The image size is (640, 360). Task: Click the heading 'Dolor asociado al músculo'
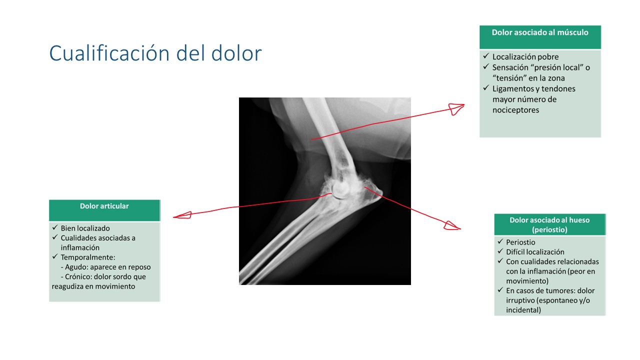(x=540, y=32)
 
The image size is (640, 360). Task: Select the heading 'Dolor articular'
(x=104, y=206)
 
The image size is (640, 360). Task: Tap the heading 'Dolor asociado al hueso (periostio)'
(x=549, y=225)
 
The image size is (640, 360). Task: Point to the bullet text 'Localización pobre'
(x=525, y=57)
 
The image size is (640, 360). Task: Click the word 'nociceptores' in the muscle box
(x=515, y=110)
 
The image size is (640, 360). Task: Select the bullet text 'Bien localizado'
(x=85, y=228)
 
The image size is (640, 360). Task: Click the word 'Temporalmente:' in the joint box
(x=88, y=257)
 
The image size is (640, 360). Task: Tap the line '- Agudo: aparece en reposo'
(x=105, y=267)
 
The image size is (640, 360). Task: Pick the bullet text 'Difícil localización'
(x=535, y=252)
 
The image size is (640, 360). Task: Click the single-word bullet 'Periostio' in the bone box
(x=520, y=242)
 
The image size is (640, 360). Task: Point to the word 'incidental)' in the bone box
(x=523, y=310)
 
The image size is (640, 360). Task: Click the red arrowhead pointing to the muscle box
(x=456, y=109)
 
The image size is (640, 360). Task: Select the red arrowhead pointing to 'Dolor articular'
(x=182, y=215)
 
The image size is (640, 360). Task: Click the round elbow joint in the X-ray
(x=340, y=189)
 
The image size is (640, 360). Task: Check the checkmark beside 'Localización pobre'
(x=486, y=56)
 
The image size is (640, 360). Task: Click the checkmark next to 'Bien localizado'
(x=55, y=227)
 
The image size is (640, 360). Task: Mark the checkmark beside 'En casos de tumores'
(x=500, y=289)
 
